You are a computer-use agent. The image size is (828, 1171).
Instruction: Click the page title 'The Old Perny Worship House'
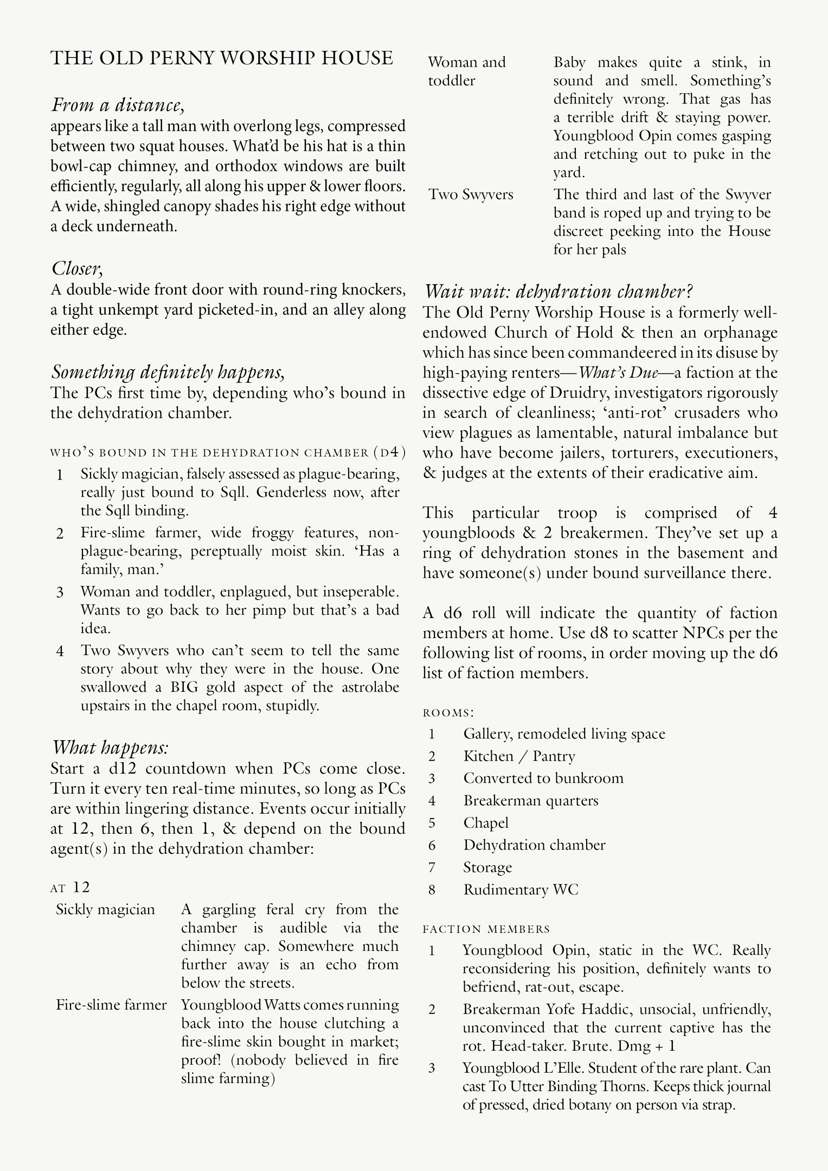tap(221, 59)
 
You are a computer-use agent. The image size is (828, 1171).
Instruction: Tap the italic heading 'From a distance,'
tap(118, 105)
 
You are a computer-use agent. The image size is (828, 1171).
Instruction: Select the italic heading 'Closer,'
tap(78, 268)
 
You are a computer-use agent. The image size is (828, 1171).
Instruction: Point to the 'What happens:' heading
tap(111, 748)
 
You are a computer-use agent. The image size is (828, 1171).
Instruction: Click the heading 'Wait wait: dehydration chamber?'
tap(558, 292)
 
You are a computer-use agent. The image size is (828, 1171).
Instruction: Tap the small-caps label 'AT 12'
tap(70, 887)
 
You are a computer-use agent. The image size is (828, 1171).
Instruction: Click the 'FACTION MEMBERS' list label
tap(486, 929)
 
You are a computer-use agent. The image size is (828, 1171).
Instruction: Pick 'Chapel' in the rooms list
tap(486, 822)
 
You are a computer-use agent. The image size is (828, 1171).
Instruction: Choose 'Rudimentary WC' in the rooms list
tap(521, 890)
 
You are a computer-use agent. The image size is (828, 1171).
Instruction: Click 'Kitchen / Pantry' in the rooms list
tap(519, 756)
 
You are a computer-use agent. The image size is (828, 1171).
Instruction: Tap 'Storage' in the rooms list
tap(487, 867)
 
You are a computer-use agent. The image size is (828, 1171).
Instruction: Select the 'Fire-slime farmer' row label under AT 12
tap(111, 1005)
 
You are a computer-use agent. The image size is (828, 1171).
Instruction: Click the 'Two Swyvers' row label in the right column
tap(471, 194)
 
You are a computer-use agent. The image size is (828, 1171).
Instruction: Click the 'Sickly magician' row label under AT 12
tap(105, 909)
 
